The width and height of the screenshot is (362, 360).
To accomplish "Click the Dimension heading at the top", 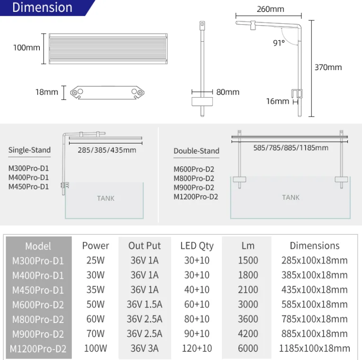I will [x=42, y=8].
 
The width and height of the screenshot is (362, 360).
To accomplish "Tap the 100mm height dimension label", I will [x=26, y=48].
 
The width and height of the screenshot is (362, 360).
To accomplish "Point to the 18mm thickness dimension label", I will [x=46, y=92].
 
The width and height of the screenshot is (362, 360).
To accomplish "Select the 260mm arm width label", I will [x=270, y=9].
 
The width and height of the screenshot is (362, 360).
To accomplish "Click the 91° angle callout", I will [x=279, y=43].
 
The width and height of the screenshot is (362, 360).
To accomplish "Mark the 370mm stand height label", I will [x=328, y=67].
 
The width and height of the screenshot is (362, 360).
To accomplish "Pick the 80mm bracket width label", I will [x=228, y=92].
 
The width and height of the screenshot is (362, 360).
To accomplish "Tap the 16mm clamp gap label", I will [x=277, y=101].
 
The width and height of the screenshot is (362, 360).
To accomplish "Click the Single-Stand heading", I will [x=29, y=150].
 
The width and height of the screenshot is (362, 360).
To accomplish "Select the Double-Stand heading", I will [x=196, y=151].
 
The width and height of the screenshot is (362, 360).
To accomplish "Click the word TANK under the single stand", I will [x=106, y=198].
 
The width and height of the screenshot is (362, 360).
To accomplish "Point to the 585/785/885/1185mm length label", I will [x=291, y=147].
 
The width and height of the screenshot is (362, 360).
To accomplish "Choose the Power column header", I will [x=95, y=246].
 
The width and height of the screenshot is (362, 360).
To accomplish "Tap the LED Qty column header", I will [x=197, y=246].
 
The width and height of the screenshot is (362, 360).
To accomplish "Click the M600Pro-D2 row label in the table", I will [x=38, y=305].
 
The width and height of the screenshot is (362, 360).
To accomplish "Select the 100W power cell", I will [x=95, y=349].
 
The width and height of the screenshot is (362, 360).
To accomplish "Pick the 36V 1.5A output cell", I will [x=144, y=305].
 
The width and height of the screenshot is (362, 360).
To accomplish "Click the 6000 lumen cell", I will [x=248, y=349].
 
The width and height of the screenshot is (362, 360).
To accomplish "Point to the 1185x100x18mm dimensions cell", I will [x=315, y=349].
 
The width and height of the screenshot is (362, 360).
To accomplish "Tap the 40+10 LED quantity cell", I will [x=197, y=290].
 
